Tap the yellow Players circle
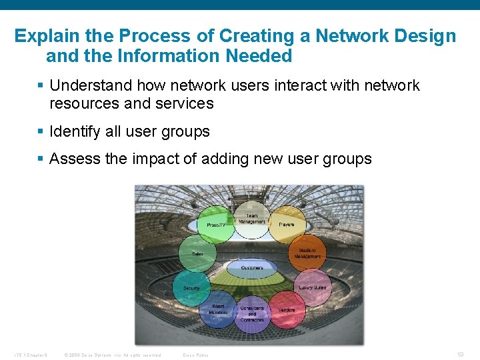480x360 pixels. (x=287, y=225)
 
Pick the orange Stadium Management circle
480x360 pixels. (x=306, y=253)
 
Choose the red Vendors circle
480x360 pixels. (x=286, y=310)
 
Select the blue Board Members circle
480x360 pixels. (x=218, y=310)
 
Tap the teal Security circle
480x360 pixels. (x=193, y=287)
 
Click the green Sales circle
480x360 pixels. (x=198, y=254)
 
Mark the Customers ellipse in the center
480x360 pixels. (x=252, y=268)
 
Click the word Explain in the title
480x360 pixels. (x=45, y=35)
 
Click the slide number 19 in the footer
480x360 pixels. (x=460, y=354)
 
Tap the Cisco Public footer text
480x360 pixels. (x=195, y=355)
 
